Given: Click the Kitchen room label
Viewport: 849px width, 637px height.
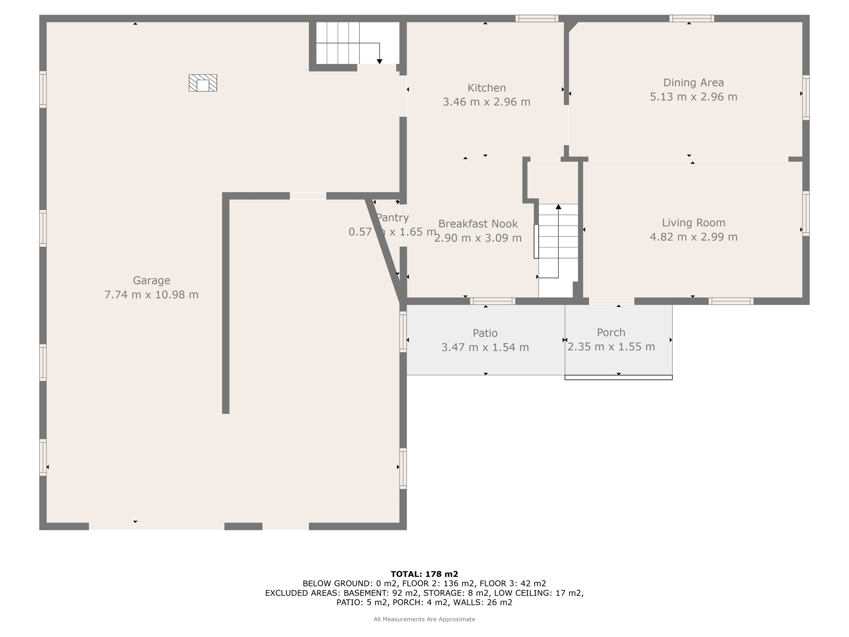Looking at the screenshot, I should (x=486, y=88).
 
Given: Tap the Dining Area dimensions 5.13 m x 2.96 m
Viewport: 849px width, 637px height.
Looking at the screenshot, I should (x=693, y=97).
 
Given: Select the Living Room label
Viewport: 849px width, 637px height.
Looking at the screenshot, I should (x=693, y=223).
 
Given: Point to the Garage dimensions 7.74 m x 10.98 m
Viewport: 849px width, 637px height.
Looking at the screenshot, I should (x=151, y=295).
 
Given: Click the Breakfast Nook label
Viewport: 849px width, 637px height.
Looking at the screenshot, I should (x=478, y=224).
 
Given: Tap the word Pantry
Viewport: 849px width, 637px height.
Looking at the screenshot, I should (x=392, y=217).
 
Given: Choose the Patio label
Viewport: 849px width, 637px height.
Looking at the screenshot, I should (x=485, y=333).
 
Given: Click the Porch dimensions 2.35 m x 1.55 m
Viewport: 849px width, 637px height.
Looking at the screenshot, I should (x=611, y=347).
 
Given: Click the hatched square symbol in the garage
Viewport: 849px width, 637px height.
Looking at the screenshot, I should (x=203, y=83).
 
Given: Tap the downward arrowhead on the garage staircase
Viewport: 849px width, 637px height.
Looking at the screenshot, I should (x=379, y=61).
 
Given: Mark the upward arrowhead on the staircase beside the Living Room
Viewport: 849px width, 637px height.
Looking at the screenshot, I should (x=558, y=207).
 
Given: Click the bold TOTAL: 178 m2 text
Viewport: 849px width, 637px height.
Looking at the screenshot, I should (x=424, y=574).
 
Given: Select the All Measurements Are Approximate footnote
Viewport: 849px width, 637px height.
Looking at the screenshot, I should (x=424, y=619).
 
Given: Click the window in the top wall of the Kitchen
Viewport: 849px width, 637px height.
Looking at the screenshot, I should (x=537, y=18).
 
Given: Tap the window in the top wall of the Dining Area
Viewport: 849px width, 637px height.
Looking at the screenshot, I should (x=691, y=18).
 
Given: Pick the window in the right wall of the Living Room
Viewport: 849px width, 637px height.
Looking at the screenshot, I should (x=805, y=214).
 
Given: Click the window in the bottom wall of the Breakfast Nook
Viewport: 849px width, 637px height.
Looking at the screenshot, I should (x=492, y=301).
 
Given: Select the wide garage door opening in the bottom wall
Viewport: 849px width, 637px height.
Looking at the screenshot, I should (x=156, y=526).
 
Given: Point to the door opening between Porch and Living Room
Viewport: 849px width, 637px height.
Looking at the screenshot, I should (x=611, y=301).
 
